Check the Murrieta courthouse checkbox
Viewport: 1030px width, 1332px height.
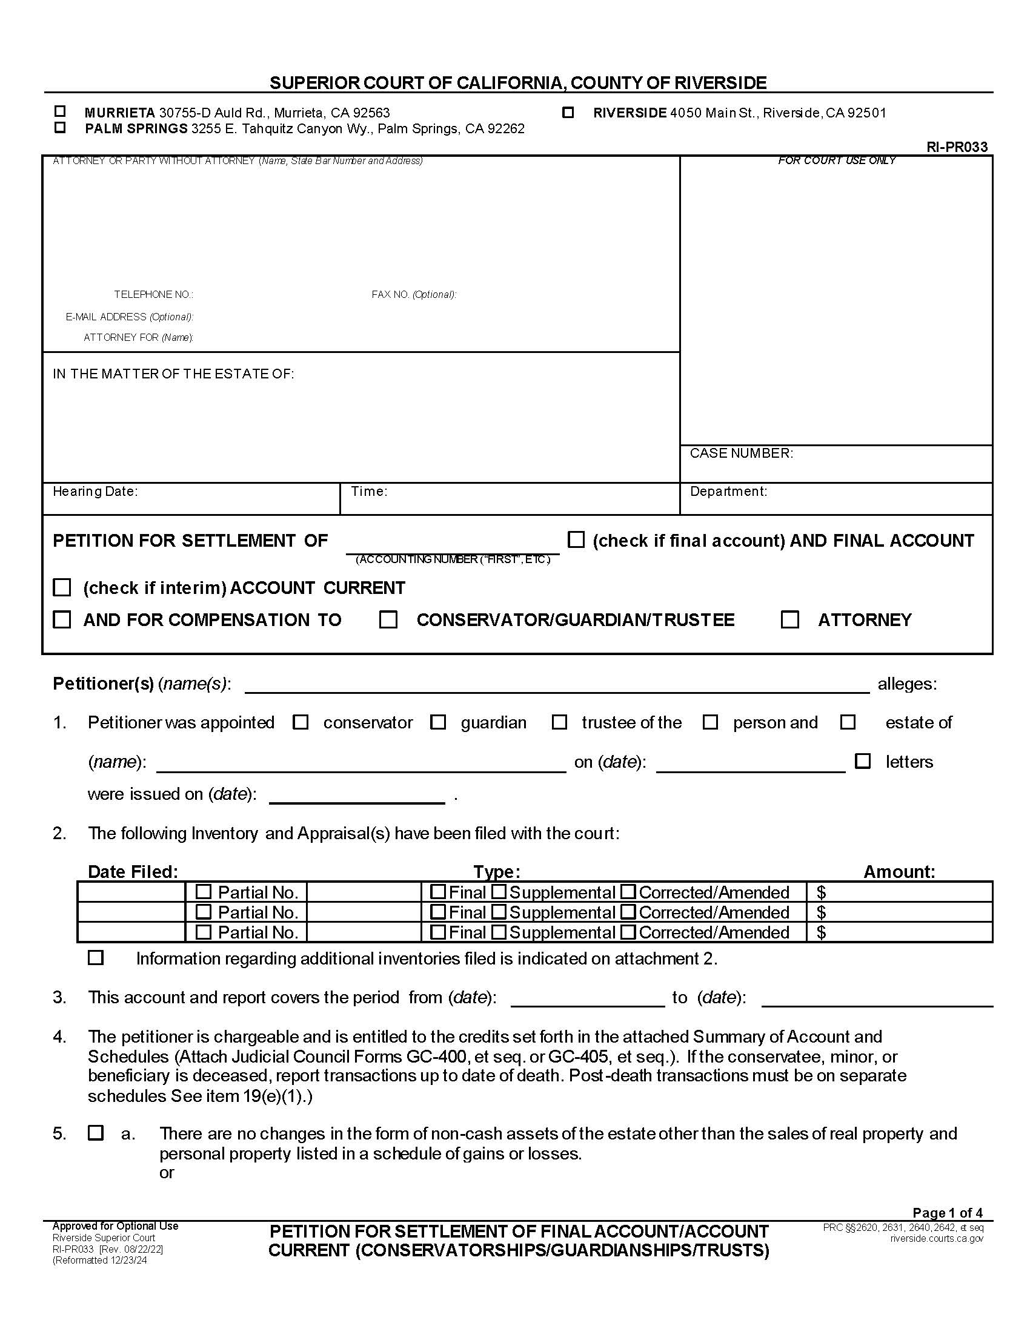point(60,111)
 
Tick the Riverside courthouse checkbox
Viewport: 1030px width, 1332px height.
point(568,112)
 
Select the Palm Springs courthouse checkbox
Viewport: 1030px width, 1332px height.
point(60,128)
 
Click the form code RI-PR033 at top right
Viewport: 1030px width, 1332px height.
point(956,147)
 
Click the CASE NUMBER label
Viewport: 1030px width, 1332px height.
point(741,453)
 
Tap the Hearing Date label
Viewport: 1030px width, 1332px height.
point(95,491)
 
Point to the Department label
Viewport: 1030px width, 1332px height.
point(728,491)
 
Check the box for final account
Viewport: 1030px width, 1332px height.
point(576,539)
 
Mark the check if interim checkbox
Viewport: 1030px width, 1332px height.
point(62,587)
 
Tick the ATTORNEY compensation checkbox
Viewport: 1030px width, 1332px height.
point(790,619)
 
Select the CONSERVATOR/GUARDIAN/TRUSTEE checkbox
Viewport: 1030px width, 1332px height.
point(388,619)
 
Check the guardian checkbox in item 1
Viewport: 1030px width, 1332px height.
point(438,722)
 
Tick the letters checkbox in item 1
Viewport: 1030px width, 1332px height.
point(863,761)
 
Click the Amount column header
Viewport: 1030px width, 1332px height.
point(899,871)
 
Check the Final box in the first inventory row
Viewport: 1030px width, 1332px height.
point(437,892)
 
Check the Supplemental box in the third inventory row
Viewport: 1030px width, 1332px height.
point(499,932)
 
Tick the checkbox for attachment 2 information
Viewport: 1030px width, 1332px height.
point(96,958)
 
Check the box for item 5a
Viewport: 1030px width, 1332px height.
point(96,1133)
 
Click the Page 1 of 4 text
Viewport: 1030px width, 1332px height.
point(947,1213)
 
